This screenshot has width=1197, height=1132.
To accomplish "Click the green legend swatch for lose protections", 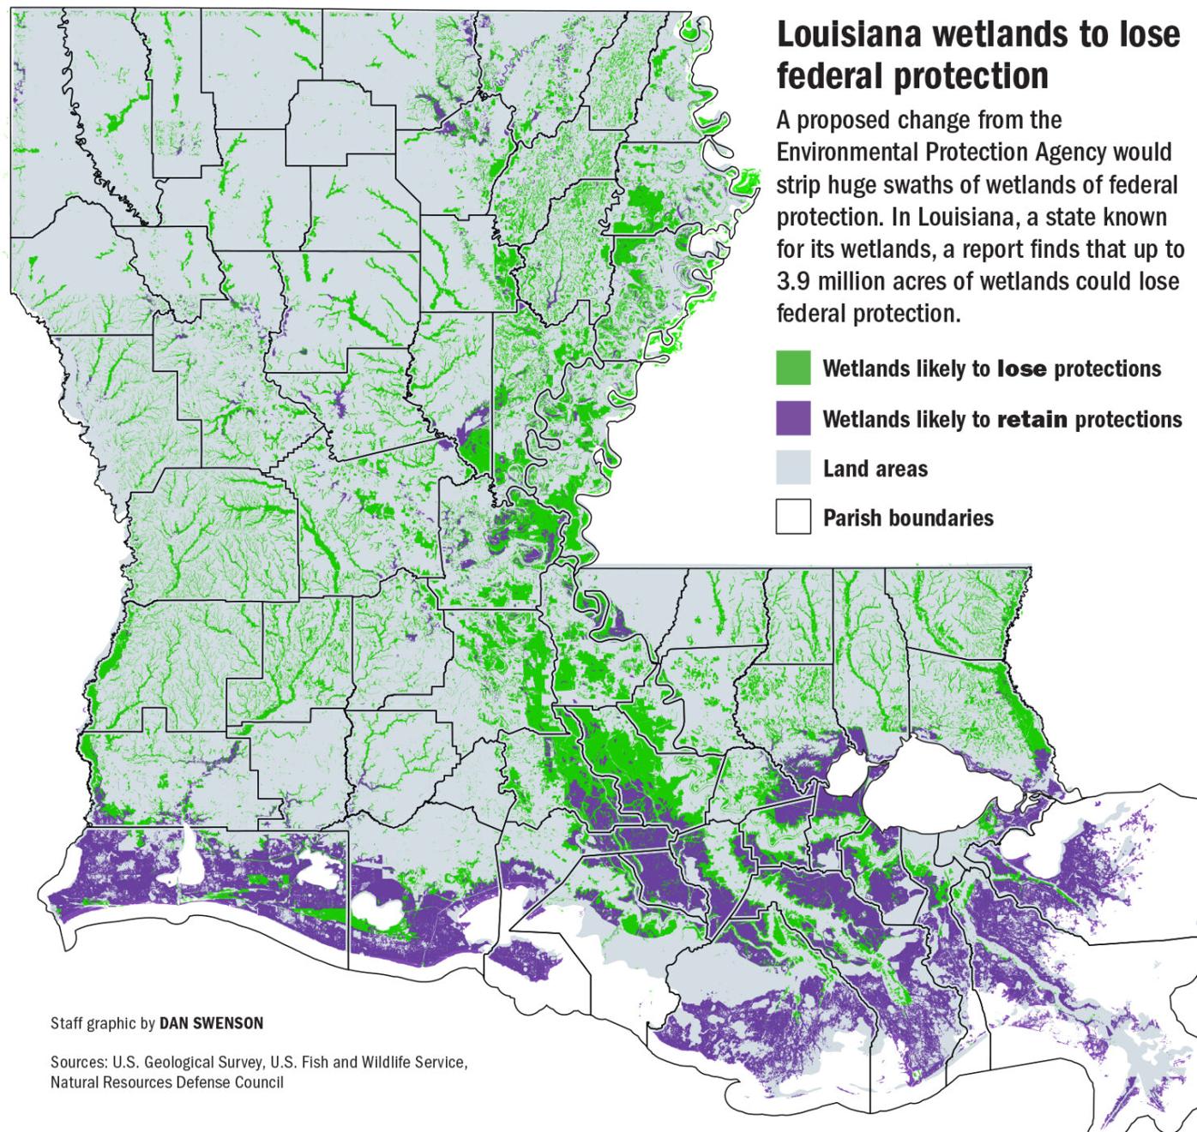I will click(x=793, y=368).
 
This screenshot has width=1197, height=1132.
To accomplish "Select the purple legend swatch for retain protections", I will click(x=793, y=419).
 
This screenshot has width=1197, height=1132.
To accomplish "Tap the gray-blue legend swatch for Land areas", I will click(x=793, y=469).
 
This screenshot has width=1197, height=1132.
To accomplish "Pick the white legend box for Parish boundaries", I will click(x=793, y=518).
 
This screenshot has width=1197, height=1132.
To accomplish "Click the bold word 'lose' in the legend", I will click(x=1021, y=369).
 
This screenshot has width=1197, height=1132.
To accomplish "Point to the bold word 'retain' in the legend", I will click(x=1032, y=420).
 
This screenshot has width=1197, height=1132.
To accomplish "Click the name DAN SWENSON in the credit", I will click(x=212, y=1023).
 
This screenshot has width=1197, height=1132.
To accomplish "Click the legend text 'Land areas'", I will click(x=875, y=470).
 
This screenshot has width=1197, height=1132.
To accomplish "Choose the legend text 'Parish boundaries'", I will click(x=908, y=518).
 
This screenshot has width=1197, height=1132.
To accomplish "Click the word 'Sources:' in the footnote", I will click(x=77, y=1063).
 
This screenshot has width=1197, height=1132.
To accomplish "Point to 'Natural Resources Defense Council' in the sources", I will click(x=166, y=1082).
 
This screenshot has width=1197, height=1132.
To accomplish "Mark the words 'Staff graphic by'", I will click(x=103, y=1023).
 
